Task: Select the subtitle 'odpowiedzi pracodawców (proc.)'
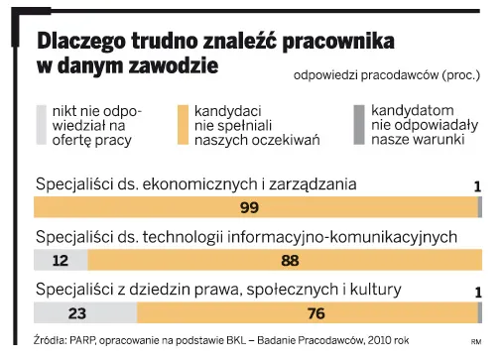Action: [x=387, y=74]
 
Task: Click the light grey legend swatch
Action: [x=40, y=125]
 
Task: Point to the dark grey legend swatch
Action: [x=359, y=125]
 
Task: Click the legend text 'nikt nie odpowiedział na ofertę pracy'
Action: [x=96, y=125]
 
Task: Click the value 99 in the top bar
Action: [x=250, y=207]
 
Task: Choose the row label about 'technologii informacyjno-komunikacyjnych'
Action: [x=246, y=237]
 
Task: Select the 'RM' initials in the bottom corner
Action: [x=475, y=342]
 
